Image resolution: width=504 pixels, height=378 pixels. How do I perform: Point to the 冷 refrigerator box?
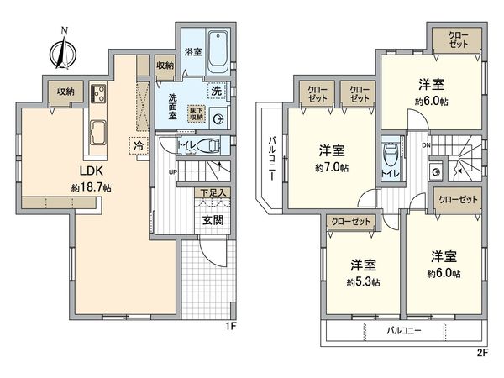(138, 145)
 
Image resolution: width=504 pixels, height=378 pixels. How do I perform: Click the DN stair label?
(425, 144)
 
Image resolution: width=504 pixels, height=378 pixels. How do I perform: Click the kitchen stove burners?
(97, 93)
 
